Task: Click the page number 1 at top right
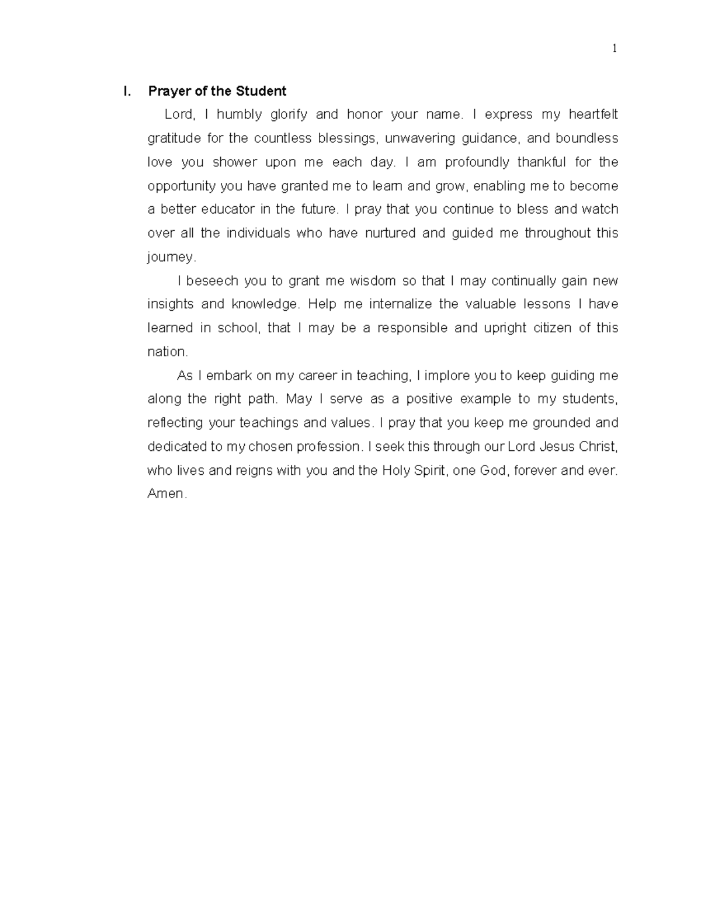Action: coord(614,48)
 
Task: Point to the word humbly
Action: coord(239,114)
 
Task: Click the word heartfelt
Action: coord(593,114)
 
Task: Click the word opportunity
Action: coord(182,186)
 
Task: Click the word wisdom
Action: coord(373,281)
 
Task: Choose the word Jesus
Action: coord(558,447)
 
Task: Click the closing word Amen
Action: coord(166,494)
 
